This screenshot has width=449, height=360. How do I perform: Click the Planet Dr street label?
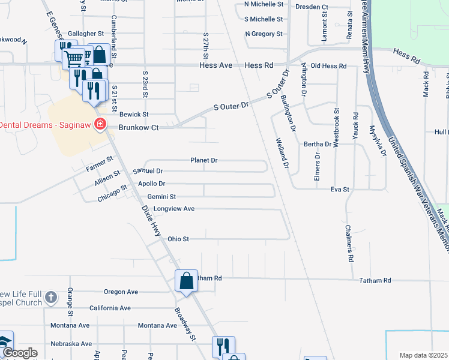tap(203, 160)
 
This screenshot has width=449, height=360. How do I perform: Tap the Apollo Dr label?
tap(151, 184)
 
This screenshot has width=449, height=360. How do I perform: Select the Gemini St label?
tap(161, 196)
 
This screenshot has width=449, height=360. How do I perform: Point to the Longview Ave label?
tap(174, 209)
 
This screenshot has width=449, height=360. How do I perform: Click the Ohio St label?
tap(178, 239)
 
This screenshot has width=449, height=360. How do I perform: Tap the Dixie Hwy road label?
tap(152, 220)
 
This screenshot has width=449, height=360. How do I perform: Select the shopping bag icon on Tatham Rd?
tap(186, 280)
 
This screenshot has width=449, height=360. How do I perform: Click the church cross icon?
tap(51, 297)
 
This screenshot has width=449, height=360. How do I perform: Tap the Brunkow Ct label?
tap(138, 127)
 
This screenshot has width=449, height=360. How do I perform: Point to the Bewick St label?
tap(133, 114)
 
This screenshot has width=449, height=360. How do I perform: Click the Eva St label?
tap(340, 190)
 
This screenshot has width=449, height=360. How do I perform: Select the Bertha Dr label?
tap(318, 144)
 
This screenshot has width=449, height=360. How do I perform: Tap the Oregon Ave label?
tap(121, 292)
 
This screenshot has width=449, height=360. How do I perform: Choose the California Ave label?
tap(110, 308)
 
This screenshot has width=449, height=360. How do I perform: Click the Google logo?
tap(19, 353)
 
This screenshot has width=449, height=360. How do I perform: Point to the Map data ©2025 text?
tap(423, 355)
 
